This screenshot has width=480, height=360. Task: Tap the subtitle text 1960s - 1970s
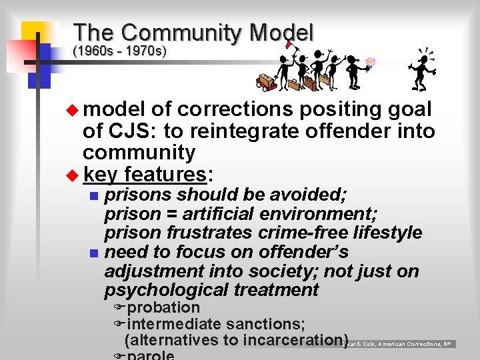click(119, 51)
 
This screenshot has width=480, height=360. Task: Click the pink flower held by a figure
click(370, 64)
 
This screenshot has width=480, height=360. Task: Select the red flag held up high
click(289, 45)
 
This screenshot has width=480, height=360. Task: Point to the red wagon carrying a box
click(266, 82)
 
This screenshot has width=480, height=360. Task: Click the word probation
click(163, 308)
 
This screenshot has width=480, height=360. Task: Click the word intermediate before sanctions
click(174, 324)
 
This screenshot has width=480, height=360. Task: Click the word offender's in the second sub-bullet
click(311, 252)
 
